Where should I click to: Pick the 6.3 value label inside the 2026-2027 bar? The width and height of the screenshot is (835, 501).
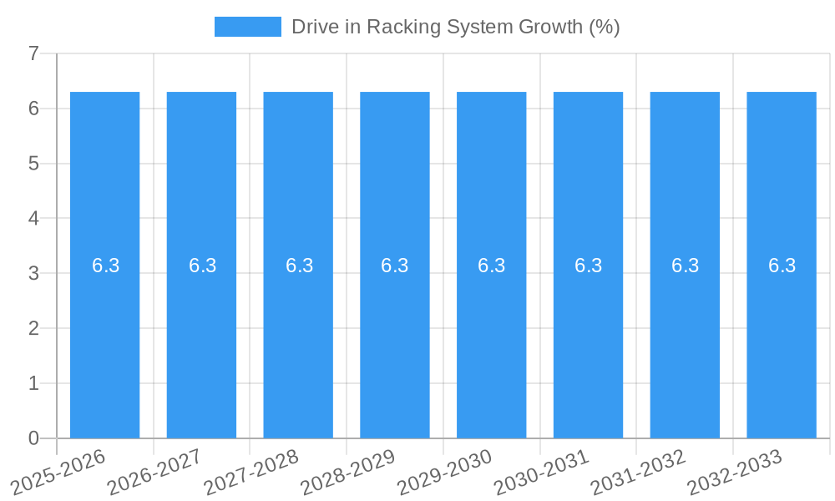(202, 266)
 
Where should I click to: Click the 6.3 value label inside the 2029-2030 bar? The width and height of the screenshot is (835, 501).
(492, 266)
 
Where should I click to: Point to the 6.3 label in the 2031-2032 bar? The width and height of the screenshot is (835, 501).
(685, 266)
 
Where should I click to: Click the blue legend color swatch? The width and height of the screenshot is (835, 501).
(247, 27)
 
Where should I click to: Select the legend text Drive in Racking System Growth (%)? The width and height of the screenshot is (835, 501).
(455, 27)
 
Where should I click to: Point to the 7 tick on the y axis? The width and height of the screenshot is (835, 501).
(33, 53)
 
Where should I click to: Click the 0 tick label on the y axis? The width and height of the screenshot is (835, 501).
(33, 438)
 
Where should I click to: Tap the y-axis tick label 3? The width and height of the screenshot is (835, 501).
(33, 273)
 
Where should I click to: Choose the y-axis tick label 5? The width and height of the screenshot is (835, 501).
(33, 164)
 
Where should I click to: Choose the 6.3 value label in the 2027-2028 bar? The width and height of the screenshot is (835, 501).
(299, 266)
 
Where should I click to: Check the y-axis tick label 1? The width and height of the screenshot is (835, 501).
(33, 383)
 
